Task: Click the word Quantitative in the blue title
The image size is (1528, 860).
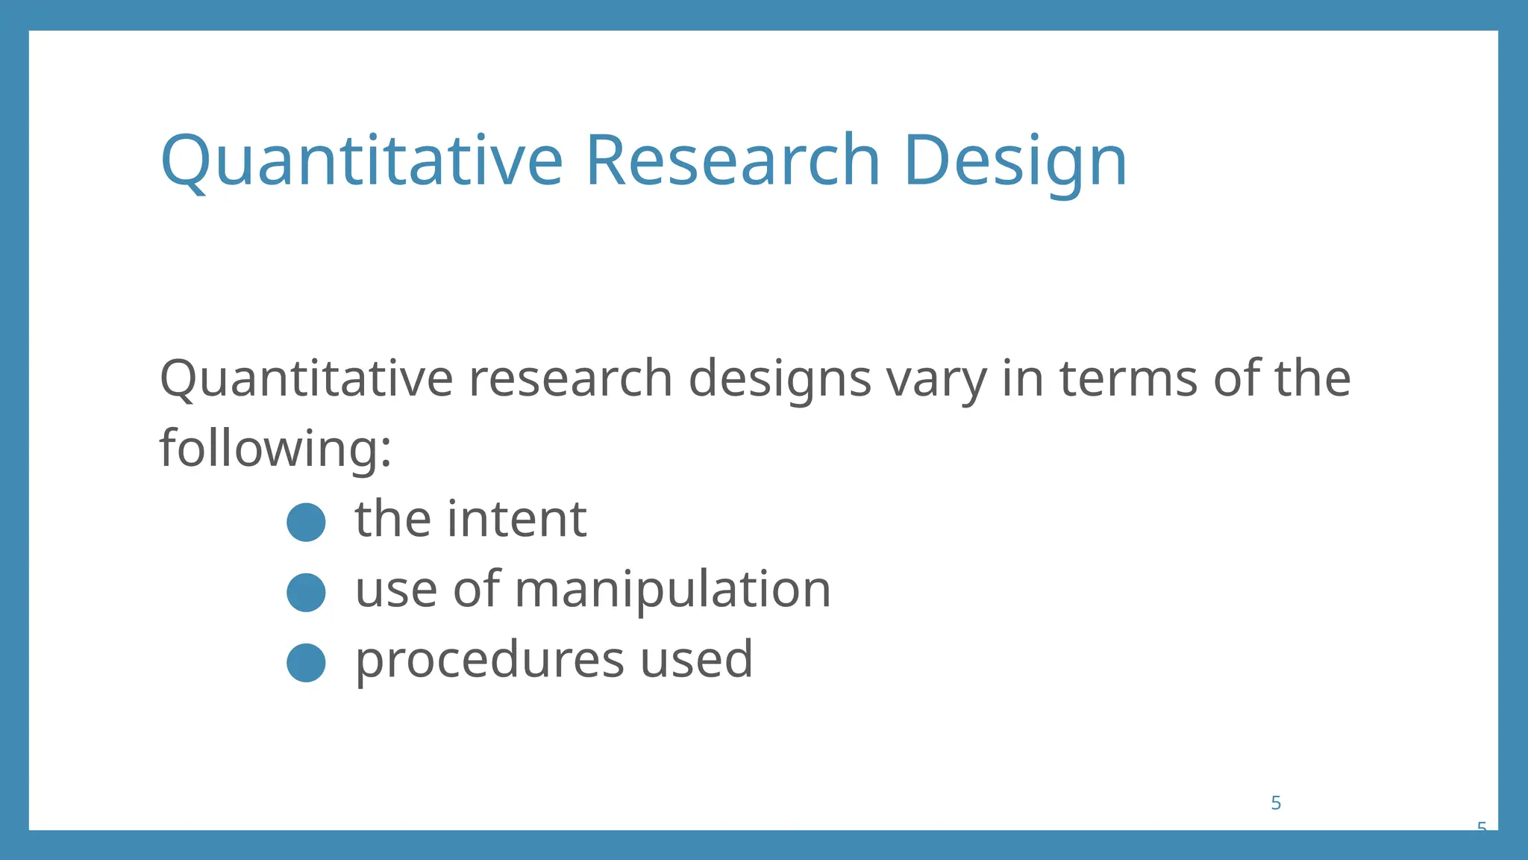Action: click(x=361, y=161)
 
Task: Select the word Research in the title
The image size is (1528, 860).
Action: click(x=733, y=161)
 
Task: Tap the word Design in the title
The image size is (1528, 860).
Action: click(x=1015, y=161)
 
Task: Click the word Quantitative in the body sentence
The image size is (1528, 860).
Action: click(x=306, y=378)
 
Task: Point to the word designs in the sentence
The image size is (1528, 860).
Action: click(x=779, y=378)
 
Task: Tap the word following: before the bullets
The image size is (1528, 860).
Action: click(x=275, y=449)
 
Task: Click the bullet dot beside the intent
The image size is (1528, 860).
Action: click(x=306, y=522)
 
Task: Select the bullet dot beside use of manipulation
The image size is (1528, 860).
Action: click(x=306, y=592)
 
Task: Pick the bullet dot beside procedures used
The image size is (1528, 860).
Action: click(x=306, y=662)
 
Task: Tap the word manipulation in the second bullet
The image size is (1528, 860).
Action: click(x=672, y=590)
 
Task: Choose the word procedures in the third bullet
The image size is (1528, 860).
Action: click(x=489, y=660)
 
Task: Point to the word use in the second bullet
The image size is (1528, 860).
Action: click(x=395, y=590)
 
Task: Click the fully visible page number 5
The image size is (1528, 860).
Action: click(x=1276, y=803)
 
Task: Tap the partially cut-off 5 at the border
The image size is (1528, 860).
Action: click(x=1482, y=826)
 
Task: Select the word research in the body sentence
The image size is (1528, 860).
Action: click(x=571, y=378)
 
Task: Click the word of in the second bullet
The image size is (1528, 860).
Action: click(x=476, y=590)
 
